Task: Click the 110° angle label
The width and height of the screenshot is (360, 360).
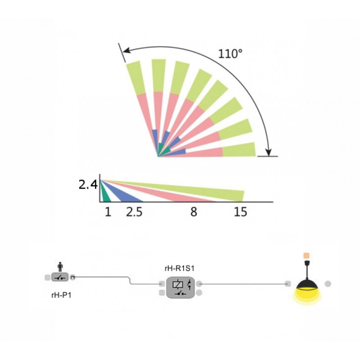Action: pyautogui.click(x=230, y=54)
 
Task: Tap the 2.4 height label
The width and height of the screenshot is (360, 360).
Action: pyautogui.click(x=88, y=184)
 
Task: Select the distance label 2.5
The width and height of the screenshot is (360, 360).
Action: pyautogui.click(x=134, y=212)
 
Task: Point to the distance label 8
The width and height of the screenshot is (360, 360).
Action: pyautogui.click(x=194, y=212)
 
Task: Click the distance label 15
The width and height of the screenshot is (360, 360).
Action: pyautogui.click(x=240, y=212)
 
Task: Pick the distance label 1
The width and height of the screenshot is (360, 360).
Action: pyautogui.click(x=108, y=212)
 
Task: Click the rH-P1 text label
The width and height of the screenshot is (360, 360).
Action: pyautogui.click(x=61, y=295)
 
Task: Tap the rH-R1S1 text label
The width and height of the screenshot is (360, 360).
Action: pyautogui.click(x=180, y=268)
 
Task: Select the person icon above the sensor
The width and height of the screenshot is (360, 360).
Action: pyautogui.click(x=60, y=267)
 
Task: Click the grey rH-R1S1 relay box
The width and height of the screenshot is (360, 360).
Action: pyautogui.click(x=180, y=288)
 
